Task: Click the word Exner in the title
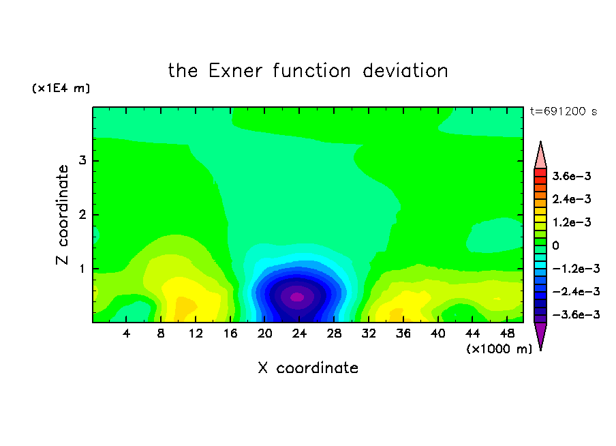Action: tap(235, 71)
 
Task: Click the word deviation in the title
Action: tap(405, 71)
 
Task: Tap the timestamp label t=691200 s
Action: tap(563, 111)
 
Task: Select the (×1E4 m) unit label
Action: tap(61, 88)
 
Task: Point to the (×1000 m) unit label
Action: tap(499, 349)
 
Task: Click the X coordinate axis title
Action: tap(308, 368)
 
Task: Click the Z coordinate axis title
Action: tap(62, 215)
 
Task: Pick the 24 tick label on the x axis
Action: tap(299, 333)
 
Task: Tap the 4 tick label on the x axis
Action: tap(126, 333)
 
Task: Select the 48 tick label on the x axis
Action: tap(507, 333)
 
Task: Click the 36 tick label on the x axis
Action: tap(403, 333)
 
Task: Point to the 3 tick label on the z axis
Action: tap(82, 160)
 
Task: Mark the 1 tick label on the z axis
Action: tap(82, 269)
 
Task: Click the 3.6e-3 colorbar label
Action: tap(572, 176)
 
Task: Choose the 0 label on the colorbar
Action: tap(555, 246)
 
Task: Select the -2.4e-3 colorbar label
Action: tap(576, 291)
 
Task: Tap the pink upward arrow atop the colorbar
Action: tap(540, 155)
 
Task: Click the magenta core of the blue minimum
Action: tap(297, 297)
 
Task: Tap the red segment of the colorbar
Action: tap(540, 173)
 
